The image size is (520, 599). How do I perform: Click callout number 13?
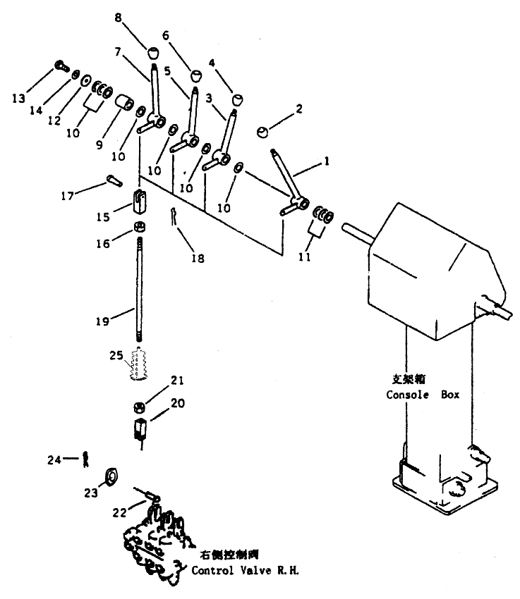coord(18,99)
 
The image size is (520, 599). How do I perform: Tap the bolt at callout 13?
coord(61,66)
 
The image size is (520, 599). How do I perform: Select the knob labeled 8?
coord(153,52)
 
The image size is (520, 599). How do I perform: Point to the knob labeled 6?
coord(196,75)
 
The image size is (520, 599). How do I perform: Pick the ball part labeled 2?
coord(262,132)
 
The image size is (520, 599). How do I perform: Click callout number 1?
coord(327,161)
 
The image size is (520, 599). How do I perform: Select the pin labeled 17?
coord(114,180)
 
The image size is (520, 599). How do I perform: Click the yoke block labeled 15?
coord(140,202)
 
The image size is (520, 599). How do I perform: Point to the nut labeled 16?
coord(140,227)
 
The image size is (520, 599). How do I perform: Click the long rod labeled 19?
coord(140,289)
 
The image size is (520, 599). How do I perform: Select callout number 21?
coord(176,380)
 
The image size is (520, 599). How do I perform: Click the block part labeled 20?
coord(140,428)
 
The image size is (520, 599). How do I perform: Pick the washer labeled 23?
coord(111,476)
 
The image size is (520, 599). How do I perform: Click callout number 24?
coord(54,460)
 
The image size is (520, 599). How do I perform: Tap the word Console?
coord(407,395)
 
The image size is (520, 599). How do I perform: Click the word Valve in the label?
coord(256,570)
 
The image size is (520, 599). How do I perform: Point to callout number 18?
coord(198,259)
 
